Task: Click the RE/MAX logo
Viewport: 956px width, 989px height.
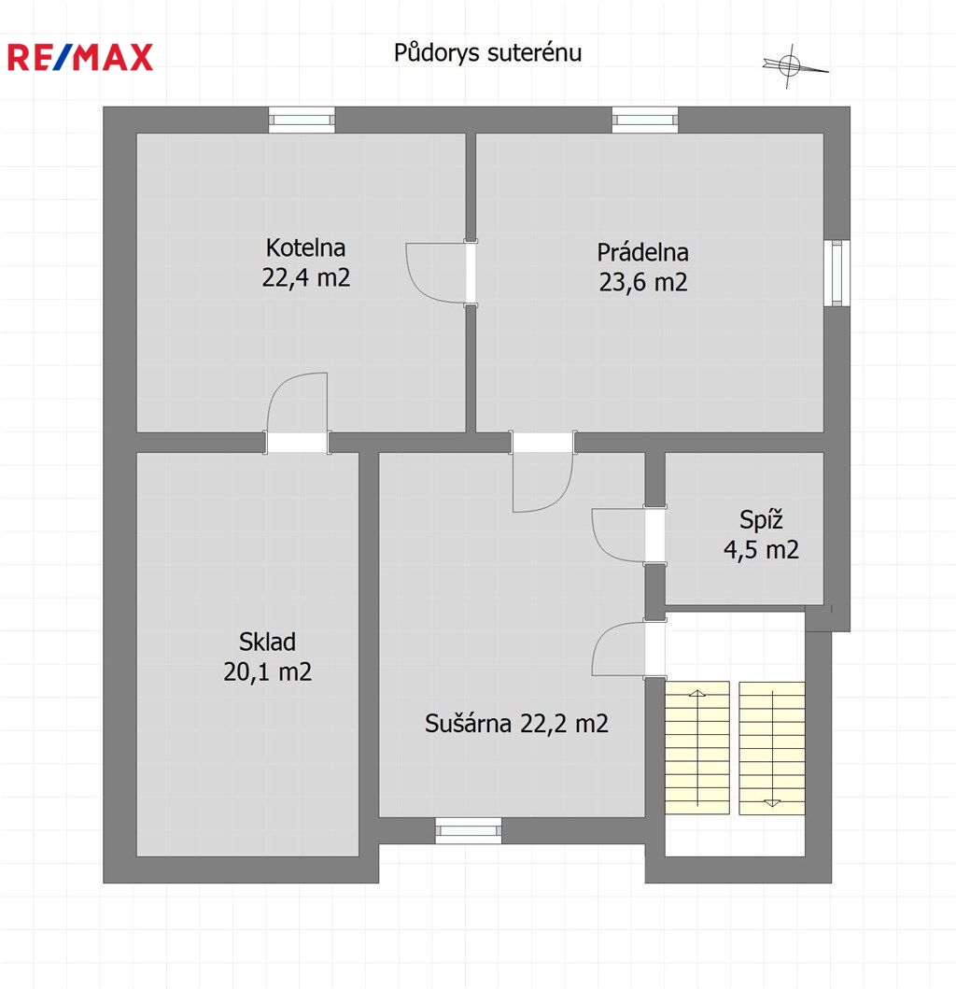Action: coord(80,57)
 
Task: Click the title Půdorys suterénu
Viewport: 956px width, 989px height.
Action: coord(487,53)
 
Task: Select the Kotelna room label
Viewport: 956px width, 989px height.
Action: coord(306,247)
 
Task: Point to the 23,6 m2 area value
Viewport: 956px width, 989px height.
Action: coord(642,282)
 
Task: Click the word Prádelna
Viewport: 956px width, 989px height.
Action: coord(642,252)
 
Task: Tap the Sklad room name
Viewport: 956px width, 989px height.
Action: coord(267,642)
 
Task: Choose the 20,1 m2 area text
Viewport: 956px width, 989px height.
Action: coord(267,671)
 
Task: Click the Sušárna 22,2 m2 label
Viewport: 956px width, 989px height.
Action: coord(516,724)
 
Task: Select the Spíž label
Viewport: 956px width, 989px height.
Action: coord(761,520)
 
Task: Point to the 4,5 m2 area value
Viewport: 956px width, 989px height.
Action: coord(761,550)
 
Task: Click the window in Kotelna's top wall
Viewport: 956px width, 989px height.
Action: coord(302,120)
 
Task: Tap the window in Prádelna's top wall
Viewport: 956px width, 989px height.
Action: coord(644,120)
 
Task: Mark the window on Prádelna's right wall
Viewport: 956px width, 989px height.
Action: coord(836,273)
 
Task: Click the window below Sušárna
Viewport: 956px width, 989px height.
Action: coord(469,830)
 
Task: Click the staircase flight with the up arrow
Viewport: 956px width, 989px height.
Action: coord(697,747)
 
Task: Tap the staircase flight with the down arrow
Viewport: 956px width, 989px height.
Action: coord(772,747)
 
